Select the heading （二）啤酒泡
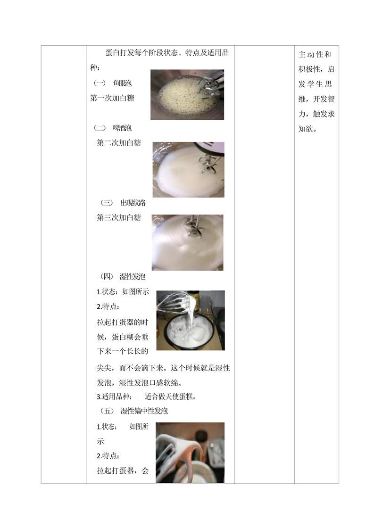click(113, 128)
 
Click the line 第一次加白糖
click(112, 98)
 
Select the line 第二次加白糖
click(119, 143)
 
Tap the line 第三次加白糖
click(119, 218)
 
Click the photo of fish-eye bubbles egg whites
click(187, 95)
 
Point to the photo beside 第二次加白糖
click(188, 169)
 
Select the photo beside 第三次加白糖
click(187, 242)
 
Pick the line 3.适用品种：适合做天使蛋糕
click(147, 397)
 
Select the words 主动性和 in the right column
click(315, 54)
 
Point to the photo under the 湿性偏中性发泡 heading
click(190, 453)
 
